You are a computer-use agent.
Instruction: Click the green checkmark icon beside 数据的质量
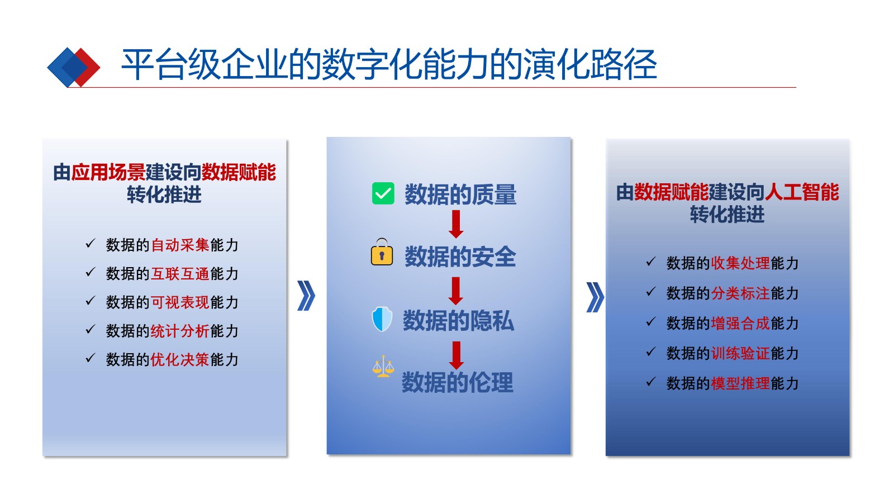point(383,193)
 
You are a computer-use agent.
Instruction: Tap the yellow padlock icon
point(382,252)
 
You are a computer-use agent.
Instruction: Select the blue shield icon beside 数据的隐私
point(382,319)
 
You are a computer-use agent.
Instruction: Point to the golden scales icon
point(383,367)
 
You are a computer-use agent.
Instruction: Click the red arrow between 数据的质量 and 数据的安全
point(456,224)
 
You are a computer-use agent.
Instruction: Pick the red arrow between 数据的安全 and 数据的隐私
point(456,291)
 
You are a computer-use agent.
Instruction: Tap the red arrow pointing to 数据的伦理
point(456,355)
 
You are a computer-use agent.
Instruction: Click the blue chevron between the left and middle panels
point(306,296)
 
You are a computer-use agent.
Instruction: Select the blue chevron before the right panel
point(595,297)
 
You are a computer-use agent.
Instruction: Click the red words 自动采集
point(180,245)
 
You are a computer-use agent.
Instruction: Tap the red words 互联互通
point(180,274)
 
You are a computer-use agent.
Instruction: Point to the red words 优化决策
point(180,360)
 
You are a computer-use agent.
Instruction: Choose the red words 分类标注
point(740,293)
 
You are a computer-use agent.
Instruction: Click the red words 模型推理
point(740,383)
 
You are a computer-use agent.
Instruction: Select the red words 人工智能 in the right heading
point(802,192)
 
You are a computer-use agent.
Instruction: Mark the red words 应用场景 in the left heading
point(108,173)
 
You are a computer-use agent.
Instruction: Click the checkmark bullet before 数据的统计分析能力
point(91,329)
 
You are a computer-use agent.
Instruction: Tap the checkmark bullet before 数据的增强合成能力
point(651,321)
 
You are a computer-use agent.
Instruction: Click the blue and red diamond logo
point(73,68)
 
